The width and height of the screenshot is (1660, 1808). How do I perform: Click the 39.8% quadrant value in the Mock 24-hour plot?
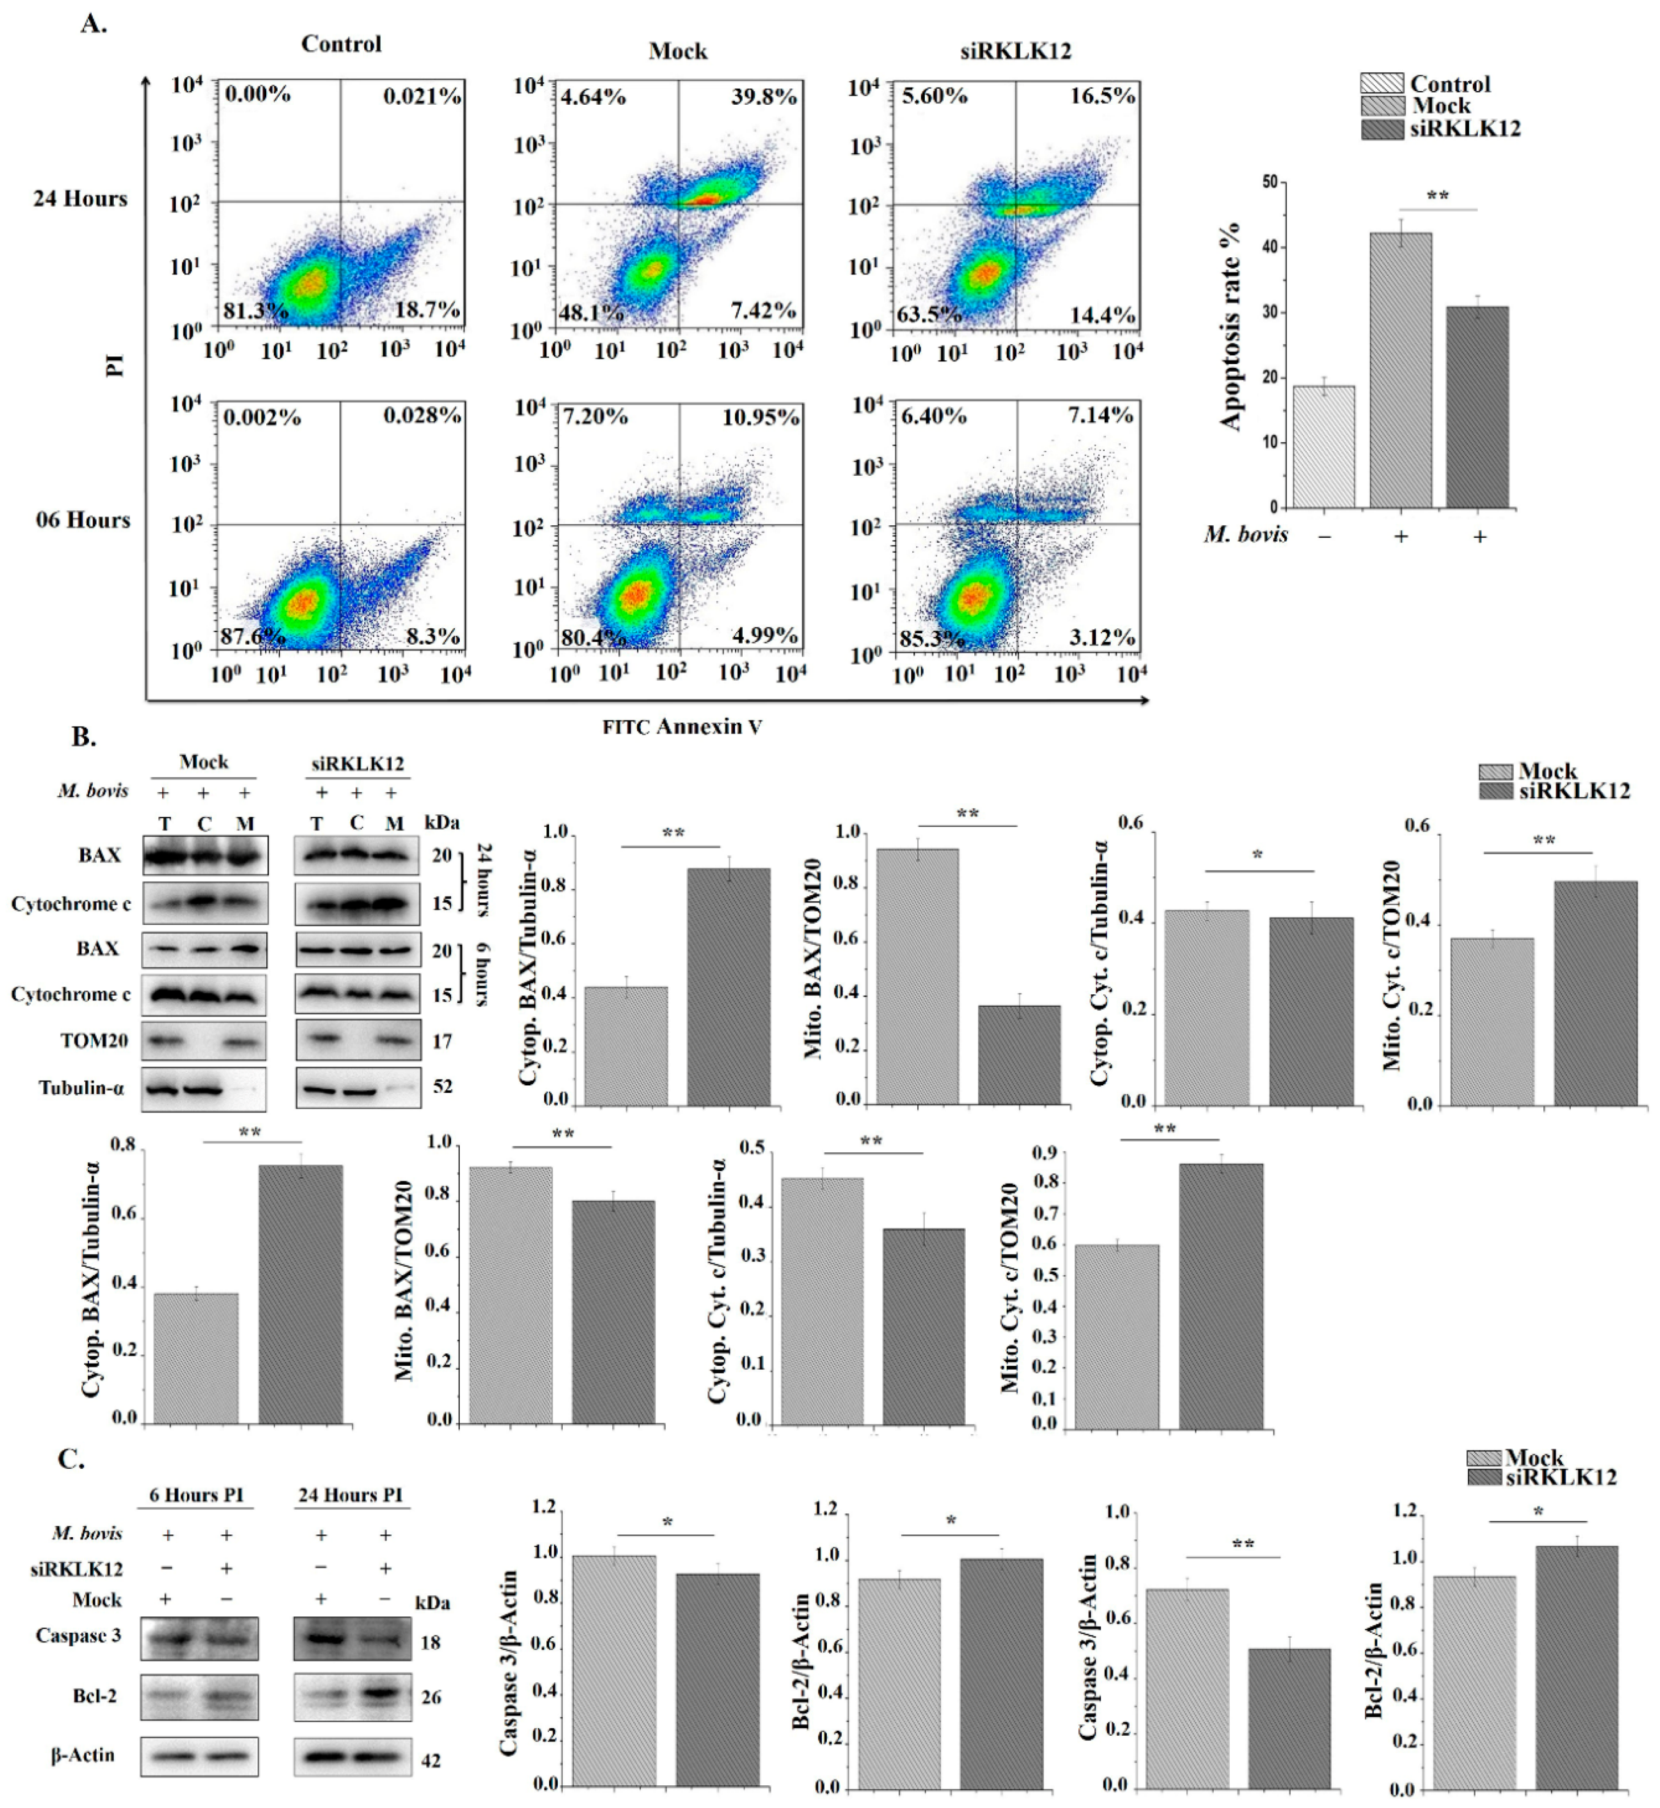(x=764, y=97)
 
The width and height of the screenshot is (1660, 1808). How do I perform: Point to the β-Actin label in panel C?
(x=82, y=1754)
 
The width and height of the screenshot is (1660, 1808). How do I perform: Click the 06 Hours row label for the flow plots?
(x=83, y=520)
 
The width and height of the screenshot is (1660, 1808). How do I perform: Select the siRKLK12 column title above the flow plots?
(x=1015, y=51)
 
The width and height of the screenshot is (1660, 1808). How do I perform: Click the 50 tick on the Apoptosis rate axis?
(x=1269, y=182)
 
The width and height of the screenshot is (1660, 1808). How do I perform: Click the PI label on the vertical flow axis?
(x=114, y=365)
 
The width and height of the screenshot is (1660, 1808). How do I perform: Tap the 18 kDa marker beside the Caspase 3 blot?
(x=430, y=1642)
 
